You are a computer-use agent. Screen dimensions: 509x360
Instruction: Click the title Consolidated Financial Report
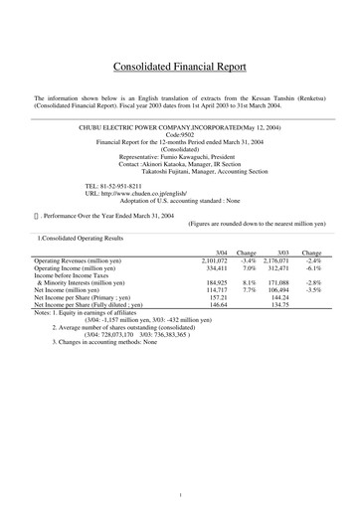(x=179, y=68)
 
